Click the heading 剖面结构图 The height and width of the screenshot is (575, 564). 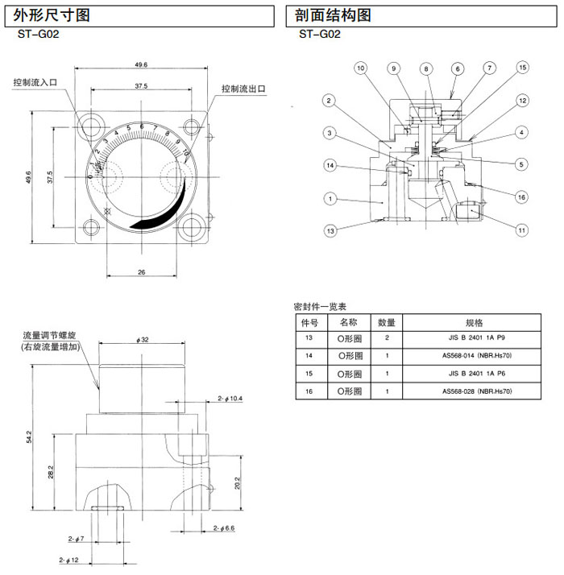(330, 14)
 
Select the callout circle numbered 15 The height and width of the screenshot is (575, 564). (523, 68)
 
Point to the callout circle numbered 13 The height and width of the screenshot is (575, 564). (330, 231)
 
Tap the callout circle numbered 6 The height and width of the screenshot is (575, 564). (457, 69)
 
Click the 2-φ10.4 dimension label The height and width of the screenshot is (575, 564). (230, 399)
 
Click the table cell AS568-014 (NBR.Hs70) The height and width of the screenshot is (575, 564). (478, 355)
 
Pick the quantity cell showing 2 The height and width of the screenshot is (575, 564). (387, 337)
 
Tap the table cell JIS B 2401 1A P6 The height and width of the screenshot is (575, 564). (478, 374)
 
